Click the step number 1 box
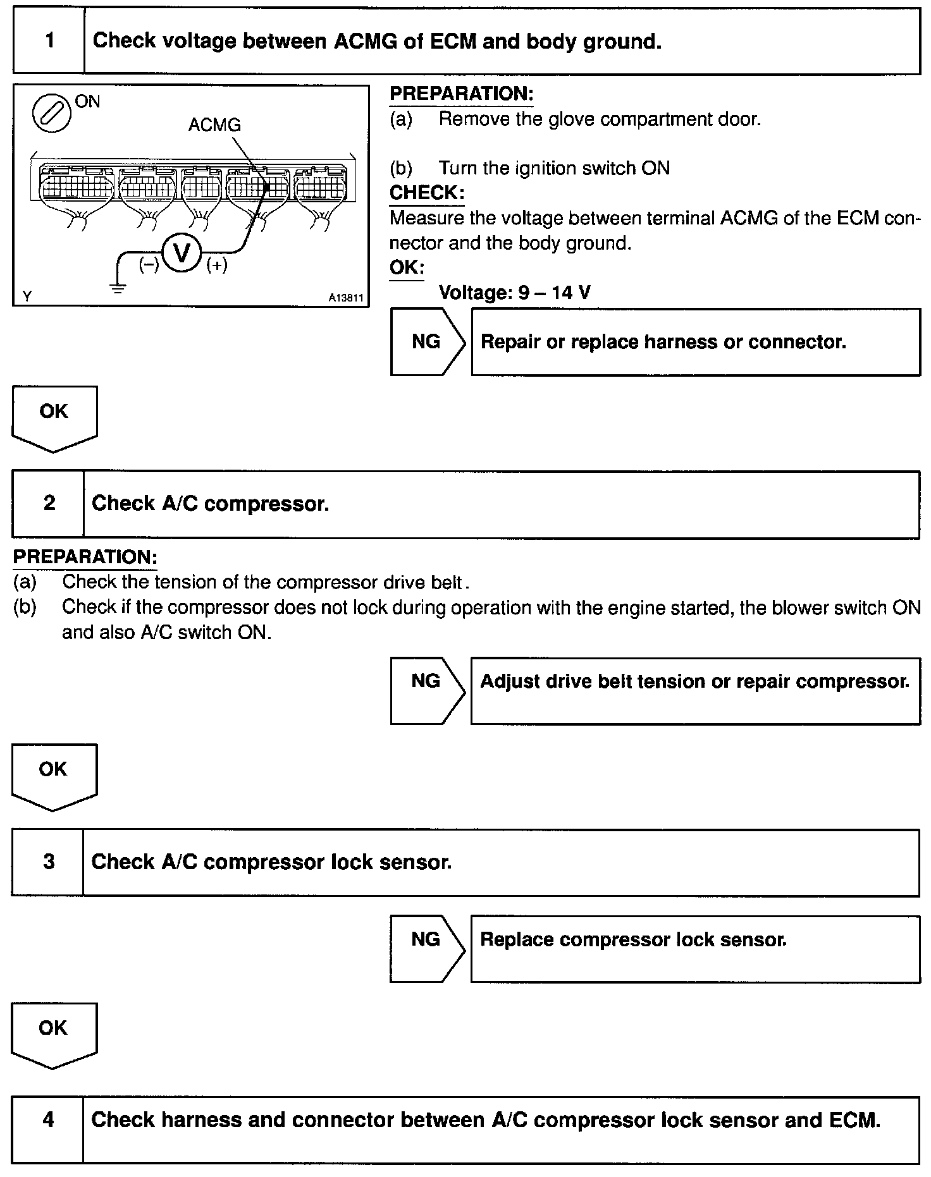[49, 42]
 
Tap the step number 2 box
[49, 504]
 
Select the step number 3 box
[49, 862]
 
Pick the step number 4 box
[48, 1120]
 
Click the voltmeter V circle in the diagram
[182, 254]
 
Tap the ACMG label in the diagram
[214, 125]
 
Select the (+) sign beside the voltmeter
[217, 265]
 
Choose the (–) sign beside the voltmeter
[149, 265]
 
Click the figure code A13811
[346, 297]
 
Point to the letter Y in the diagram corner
[27, 296]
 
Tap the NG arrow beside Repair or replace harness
[427, 342]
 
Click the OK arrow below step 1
[54, 417]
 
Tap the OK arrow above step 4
[53, 1034]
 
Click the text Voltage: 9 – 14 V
[515, 293]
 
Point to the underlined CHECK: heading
[427, 193]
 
